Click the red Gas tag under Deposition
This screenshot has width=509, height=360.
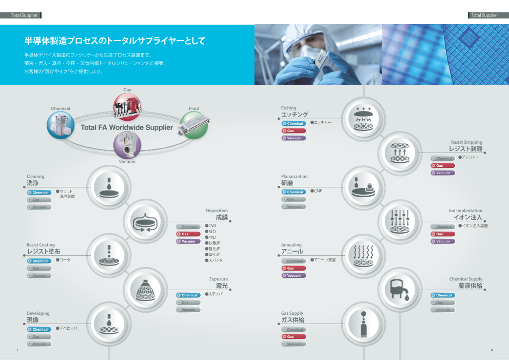pos(188,234)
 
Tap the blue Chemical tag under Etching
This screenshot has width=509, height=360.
pos(293,124)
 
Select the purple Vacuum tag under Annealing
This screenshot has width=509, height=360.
pos(293,276)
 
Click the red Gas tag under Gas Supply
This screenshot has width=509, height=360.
pos(293,337)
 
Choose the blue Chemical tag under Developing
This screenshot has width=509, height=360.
pos(39,330)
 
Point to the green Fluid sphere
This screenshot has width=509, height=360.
pos(194,125)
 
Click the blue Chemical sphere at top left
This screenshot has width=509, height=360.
pos(61,125)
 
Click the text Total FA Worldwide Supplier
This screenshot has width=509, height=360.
pos(127,127)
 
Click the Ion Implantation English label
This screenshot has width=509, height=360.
pos(465,211)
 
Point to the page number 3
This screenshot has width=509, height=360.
pos(17,350)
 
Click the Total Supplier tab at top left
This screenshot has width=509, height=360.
pos(25,15)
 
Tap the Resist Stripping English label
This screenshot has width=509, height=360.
pos(466,142)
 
